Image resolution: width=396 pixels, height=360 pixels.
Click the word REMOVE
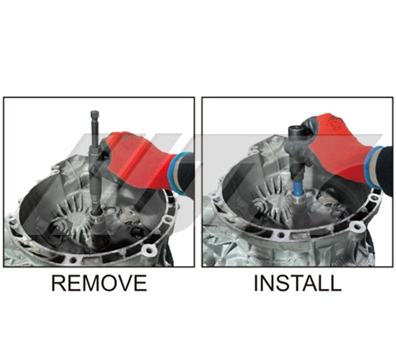pyautogui.click(x=99, y=283)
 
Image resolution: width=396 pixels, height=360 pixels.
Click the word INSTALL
pyautogui.click(x=298, y=283)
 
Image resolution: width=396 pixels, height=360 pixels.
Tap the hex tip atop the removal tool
pyautogui.click(x=94, y=114)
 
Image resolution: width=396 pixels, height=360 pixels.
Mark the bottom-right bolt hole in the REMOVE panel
pyautogui.click(x=148, y=249)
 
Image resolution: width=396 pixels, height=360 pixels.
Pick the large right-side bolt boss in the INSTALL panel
pyautogui.click(x=356, y=227)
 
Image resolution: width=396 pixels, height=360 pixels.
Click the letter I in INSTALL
pyautogui.click(x=256, y=283)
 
